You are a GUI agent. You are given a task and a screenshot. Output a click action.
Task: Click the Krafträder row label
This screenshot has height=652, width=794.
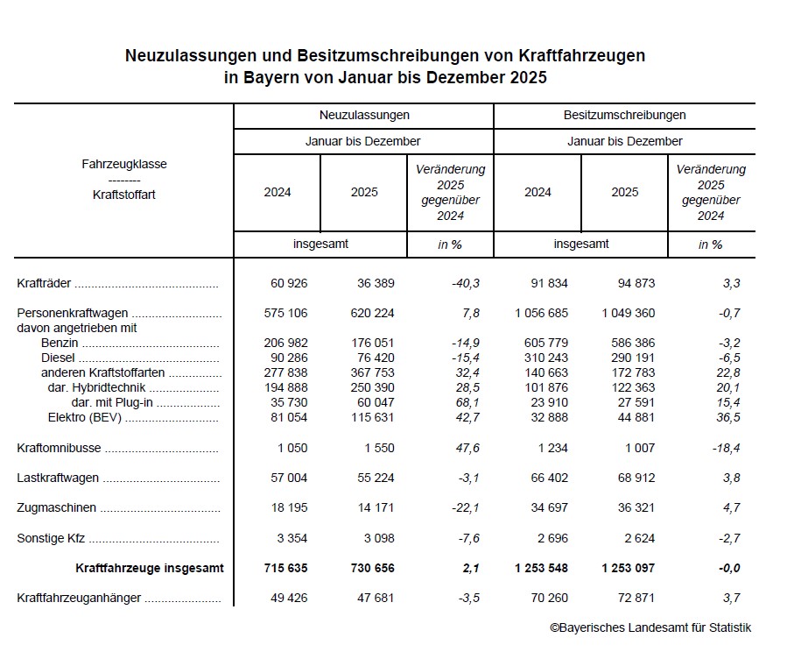(x=45, y=283)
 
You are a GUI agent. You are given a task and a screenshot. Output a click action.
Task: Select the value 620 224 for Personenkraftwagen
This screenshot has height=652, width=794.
(x=373, y=312)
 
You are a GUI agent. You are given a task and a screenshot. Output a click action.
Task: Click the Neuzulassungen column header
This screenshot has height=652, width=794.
(x=363, y=115)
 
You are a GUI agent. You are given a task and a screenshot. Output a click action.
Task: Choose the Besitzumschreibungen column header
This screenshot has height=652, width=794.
(x=624, y=115)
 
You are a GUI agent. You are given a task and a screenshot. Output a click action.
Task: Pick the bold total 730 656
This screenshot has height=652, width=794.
(x=373, y=568)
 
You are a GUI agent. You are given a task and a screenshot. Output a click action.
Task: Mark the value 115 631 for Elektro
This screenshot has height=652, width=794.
(x=373, y=417)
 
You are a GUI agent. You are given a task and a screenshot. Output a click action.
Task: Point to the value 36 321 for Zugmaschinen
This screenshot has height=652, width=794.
(x=632, y=508)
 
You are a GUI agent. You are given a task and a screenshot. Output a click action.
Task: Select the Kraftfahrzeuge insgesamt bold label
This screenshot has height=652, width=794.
(x=150, y=568)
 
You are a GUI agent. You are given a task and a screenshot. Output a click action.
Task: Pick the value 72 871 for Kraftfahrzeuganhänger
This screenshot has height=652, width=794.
(x=632, y=598)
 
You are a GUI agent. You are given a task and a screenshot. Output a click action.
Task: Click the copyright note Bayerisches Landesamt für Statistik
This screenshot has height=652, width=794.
(x=650, y=627)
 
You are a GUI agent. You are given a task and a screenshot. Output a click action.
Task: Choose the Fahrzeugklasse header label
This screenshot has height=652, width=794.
(x=124, y=164)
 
